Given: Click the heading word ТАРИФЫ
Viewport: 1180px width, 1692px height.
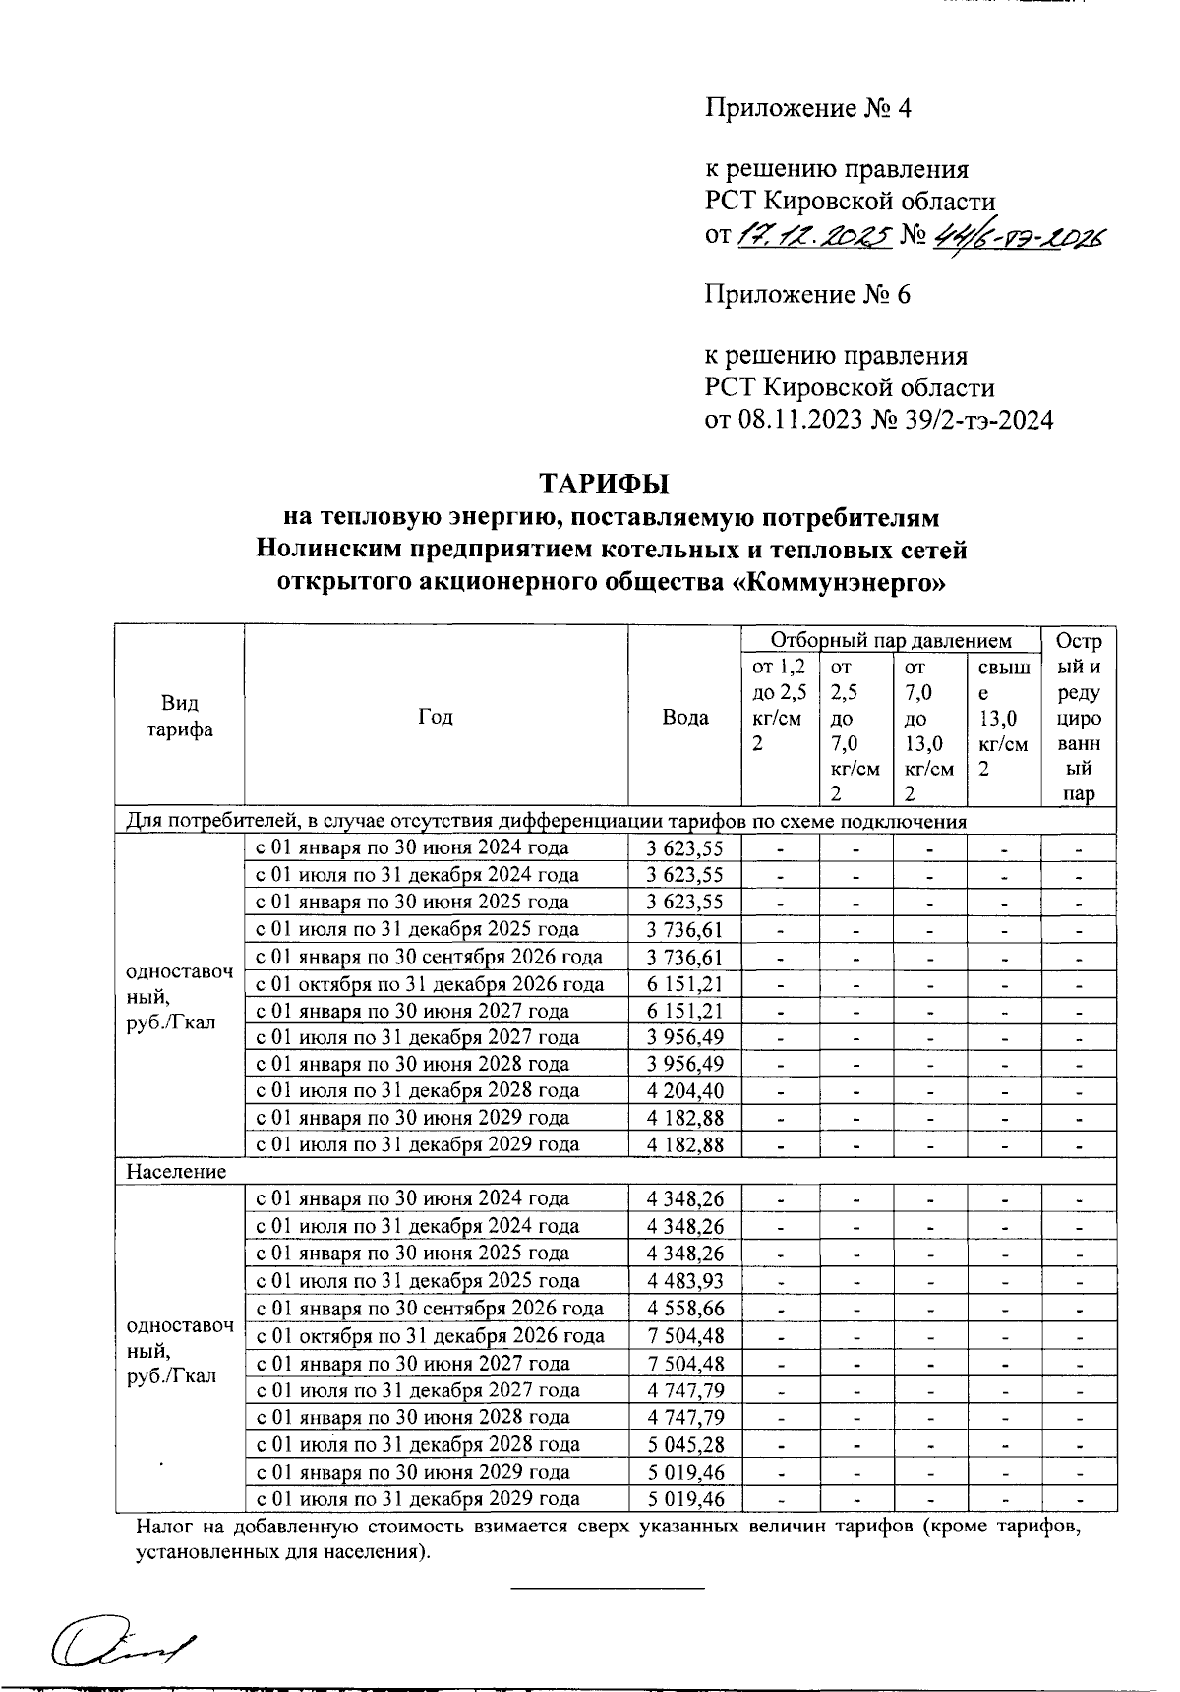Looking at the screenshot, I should pyautogui.click(x=603, y=484).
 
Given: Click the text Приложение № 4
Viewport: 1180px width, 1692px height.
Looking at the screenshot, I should pyautogui.click(x=807, y=107).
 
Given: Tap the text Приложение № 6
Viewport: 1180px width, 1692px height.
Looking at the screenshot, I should pyautogui.click(x=807, y=294).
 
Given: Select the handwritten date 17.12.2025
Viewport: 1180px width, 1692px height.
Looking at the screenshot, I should pyautogui.click(x=813, y=236).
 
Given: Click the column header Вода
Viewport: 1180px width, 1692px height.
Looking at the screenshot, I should pyautogui.click(x=684, y=717).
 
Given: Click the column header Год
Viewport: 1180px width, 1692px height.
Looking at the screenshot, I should pyautogui.click(x=435, y=717).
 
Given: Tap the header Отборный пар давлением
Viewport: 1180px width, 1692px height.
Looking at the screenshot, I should pyautogui.click(x=891, y=641).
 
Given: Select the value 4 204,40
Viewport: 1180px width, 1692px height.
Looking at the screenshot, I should pyautogui.click(x=684, y=1090).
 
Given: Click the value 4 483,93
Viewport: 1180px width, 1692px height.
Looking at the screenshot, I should pyautogui.click(x=684, y=1280).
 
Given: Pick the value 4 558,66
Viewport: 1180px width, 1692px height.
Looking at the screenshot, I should pyautogui.click(x=684, y=1308).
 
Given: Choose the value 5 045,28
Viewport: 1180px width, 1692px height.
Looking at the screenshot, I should pyautogui.click(x=684, y=1444).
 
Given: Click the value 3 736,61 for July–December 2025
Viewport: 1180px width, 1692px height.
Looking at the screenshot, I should pyautogui.click(x=684, y=929).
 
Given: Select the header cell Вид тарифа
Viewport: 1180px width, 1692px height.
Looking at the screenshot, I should pyautogui.click(x=180, y=717).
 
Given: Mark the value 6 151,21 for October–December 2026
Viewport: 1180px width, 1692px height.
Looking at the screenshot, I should pyautogui.click(x=684, y=984).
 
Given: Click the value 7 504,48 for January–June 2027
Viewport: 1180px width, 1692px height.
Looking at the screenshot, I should pyautogui.click(x=684, y=1363).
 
